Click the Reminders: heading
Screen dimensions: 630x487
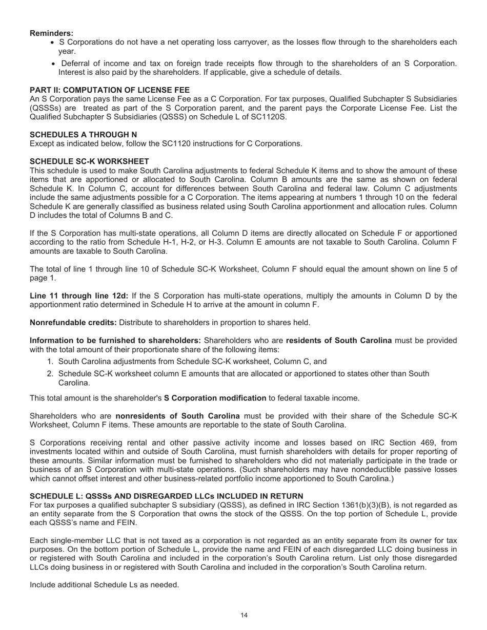click(x=51, y=33)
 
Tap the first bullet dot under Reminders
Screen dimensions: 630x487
click(x=54, y=43)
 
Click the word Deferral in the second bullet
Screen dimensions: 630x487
click(x=75, y=64)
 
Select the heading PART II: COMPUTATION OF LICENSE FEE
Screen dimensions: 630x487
click(x=109, y=90)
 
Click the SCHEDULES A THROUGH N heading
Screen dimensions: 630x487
click(x=83, y=135)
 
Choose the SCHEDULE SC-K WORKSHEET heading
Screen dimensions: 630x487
click(x=89, y=161)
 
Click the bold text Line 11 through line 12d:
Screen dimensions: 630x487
click(x=79, y=296)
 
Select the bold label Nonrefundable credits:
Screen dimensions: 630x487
click(x=73, y=323)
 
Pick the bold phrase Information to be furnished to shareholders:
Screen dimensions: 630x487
click(x=115, y=341)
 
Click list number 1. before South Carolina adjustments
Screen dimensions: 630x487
click(x=50, y=362)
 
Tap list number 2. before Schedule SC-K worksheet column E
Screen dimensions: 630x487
click(x=50, y=374)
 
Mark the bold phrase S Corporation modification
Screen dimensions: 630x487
click(x=215, y=398)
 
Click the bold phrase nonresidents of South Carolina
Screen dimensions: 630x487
click(x=177, y=416)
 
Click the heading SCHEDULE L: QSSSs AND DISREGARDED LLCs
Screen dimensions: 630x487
click(x=166, y=496)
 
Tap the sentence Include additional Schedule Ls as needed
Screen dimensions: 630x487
click(x=104, y=584)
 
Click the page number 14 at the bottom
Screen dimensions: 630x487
click(x=244, y=616)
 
